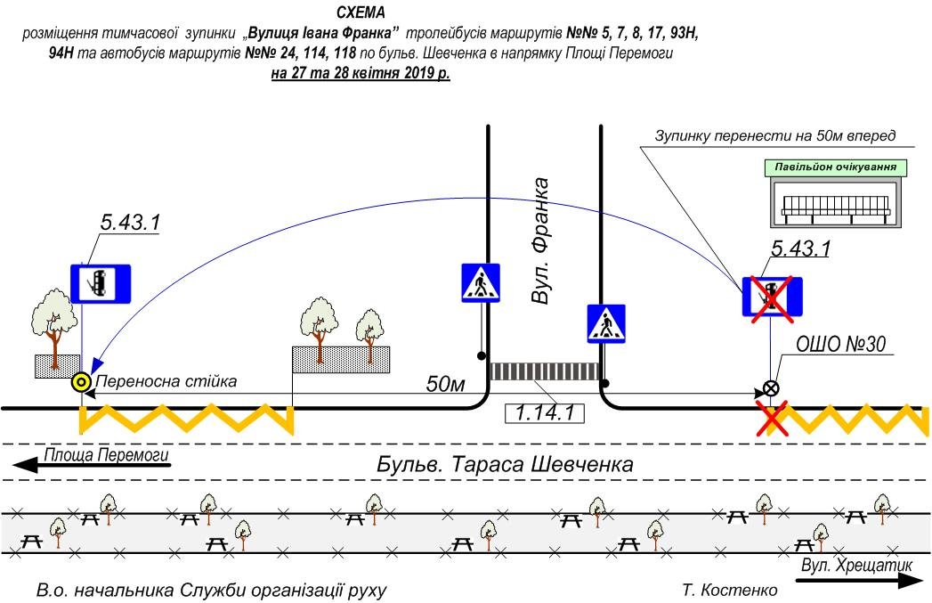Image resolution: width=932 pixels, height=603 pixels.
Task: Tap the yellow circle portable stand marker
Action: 81,383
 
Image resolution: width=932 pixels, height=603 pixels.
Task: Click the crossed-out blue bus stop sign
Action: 773,297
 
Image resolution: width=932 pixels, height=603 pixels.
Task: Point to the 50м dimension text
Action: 446,385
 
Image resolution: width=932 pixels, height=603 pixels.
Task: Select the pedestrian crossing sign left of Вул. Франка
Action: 480,282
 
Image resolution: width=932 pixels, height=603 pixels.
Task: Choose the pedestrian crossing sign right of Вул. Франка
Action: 606,323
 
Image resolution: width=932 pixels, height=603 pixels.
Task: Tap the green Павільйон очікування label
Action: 835,167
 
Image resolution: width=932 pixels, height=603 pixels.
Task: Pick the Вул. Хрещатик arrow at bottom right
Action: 857,574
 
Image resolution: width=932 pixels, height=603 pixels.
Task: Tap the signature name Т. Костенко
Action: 729,590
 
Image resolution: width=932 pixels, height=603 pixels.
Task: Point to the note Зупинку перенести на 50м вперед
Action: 774,136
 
